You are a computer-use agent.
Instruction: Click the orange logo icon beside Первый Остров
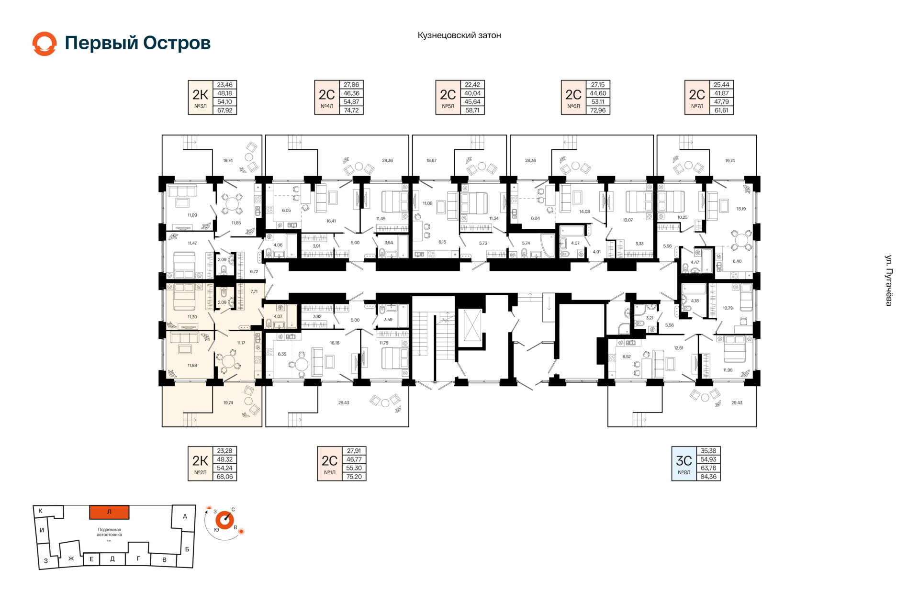[x=45, y=44]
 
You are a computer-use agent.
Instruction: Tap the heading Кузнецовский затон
[x=459, y=35]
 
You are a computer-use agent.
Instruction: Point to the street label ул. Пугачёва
[x=888, y=280]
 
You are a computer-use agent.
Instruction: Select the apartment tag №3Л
[x=200, y=106]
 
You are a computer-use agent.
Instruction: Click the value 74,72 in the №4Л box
[x=351, y=111]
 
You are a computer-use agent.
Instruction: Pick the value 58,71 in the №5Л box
[x=472, y=111]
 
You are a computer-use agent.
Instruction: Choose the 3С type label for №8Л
[x=684, y=460]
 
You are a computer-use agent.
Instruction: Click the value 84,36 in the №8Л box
[x=708, y=477]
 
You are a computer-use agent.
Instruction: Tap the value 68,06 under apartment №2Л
[x=224, y=477]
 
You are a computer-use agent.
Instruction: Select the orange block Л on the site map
[x=109, y=512]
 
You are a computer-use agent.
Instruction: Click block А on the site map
[x=185, y=516]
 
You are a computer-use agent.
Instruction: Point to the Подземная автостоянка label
[x=110, y=532]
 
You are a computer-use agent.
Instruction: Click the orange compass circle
[x=224, y=520]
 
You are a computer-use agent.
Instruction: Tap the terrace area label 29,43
[x=737, y=403]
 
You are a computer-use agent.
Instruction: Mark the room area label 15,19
[x=741, y=209]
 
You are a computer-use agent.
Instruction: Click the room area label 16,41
[x=331, y=221]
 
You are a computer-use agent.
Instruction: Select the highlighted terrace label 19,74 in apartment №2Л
[x=228, y=403]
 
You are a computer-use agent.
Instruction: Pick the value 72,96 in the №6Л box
[x=598, y=111]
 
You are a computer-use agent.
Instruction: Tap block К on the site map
[x=41, y=511]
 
